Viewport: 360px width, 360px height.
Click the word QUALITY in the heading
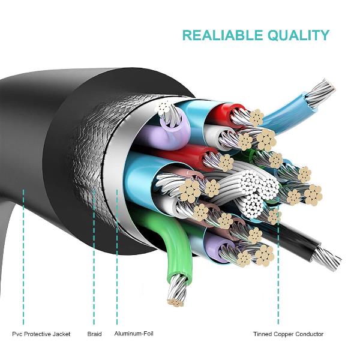[296, 35]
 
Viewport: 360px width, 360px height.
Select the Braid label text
[94, 334]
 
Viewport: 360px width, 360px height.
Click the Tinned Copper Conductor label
[288, 334]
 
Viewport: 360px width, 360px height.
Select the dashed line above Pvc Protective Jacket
[23, 258]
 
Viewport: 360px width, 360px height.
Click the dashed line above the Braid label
[94, 258]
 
